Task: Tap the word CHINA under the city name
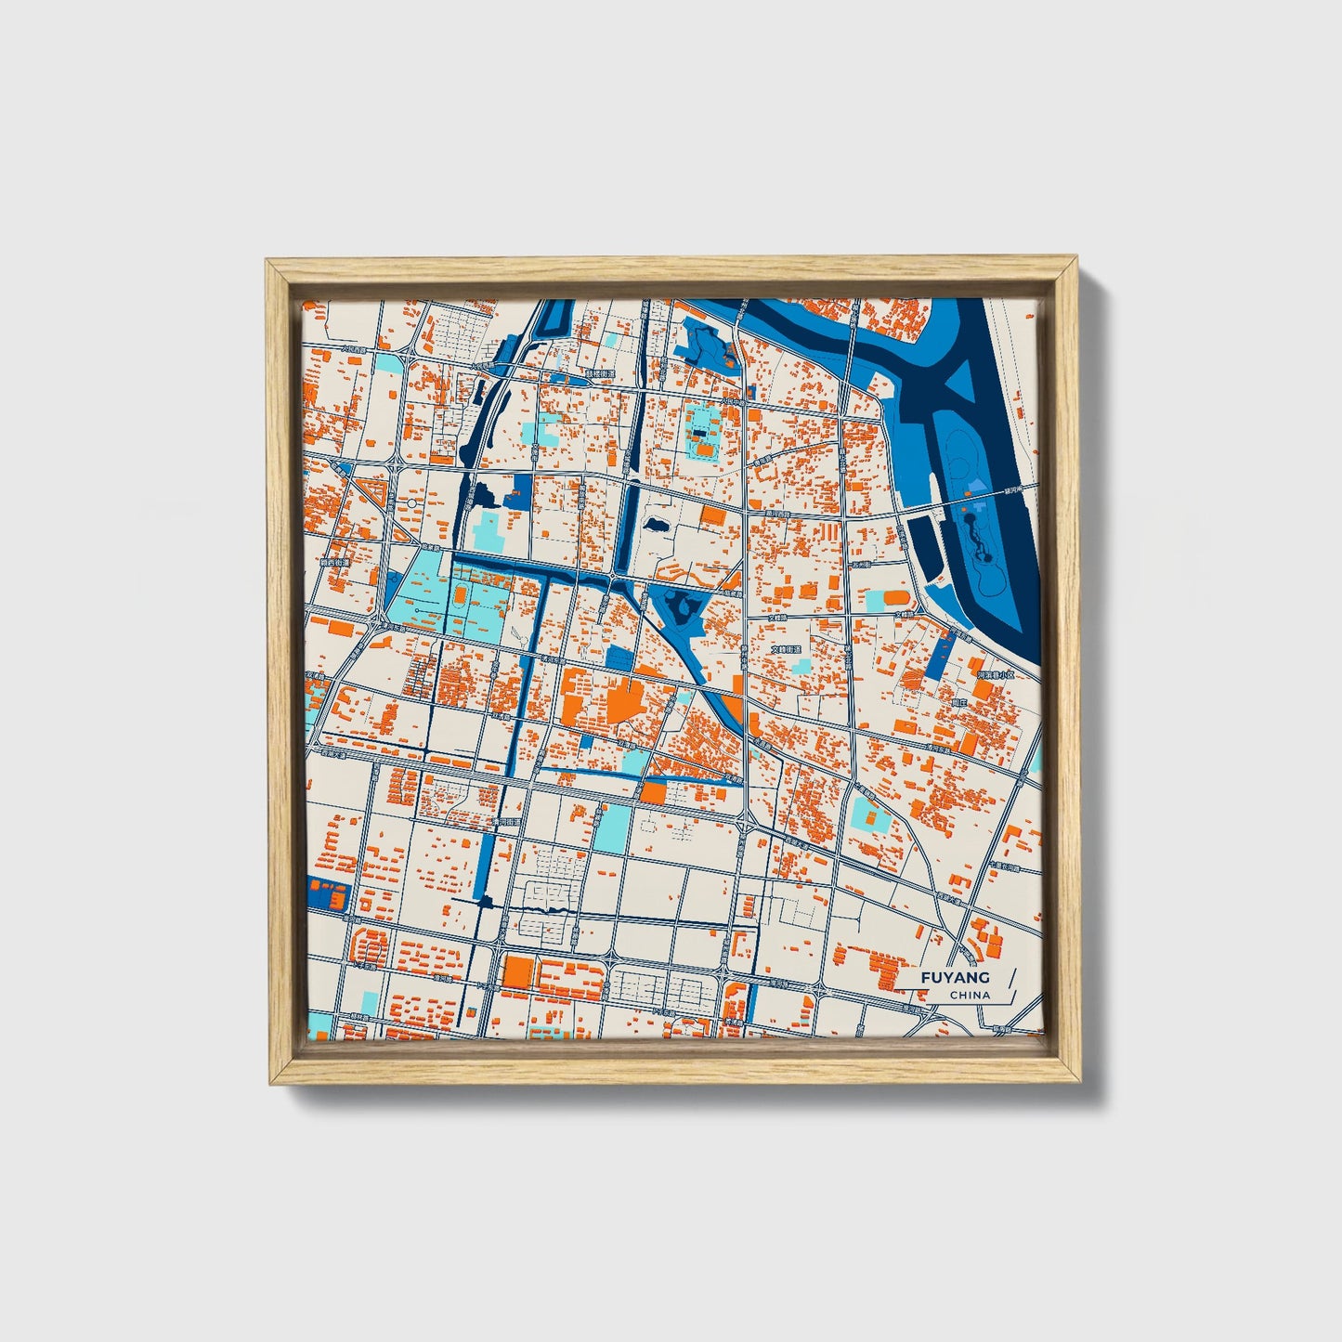click(970, 995)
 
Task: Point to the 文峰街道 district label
click(786, 650)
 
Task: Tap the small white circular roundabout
click(410, 503)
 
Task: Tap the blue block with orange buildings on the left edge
click(327, 893)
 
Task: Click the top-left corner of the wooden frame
click(269, 263)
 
